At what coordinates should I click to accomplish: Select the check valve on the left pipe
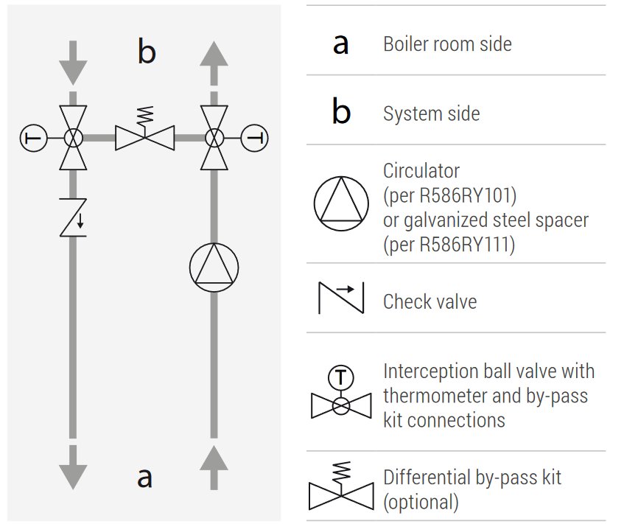[73, 217]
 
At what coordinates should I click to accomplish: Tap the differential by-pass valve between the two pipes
[145, 136]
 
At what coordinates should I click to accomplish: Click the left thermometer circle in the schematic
[33, 138]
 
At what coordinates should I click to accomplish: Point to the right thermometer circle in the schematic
[255, 138]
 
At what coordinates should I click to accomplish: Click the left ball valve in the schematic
[73, 138]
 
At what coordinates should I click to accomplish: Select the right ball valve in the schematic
[214, 138]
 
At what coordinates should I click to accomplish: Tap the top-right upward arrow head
[214, 53]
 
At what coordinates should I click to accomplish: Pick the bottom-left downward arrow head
[73, 476]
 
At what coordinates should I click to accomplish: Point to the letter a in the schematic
[145, 477]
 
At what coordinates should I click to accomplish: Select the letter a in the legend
[340, 44]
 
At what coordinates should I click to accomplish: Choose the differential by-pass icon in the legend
[340, 488]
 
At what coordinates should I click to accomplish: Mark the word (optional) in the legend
[421, 503]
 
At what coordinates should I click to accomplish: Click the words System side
[431, 114]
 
